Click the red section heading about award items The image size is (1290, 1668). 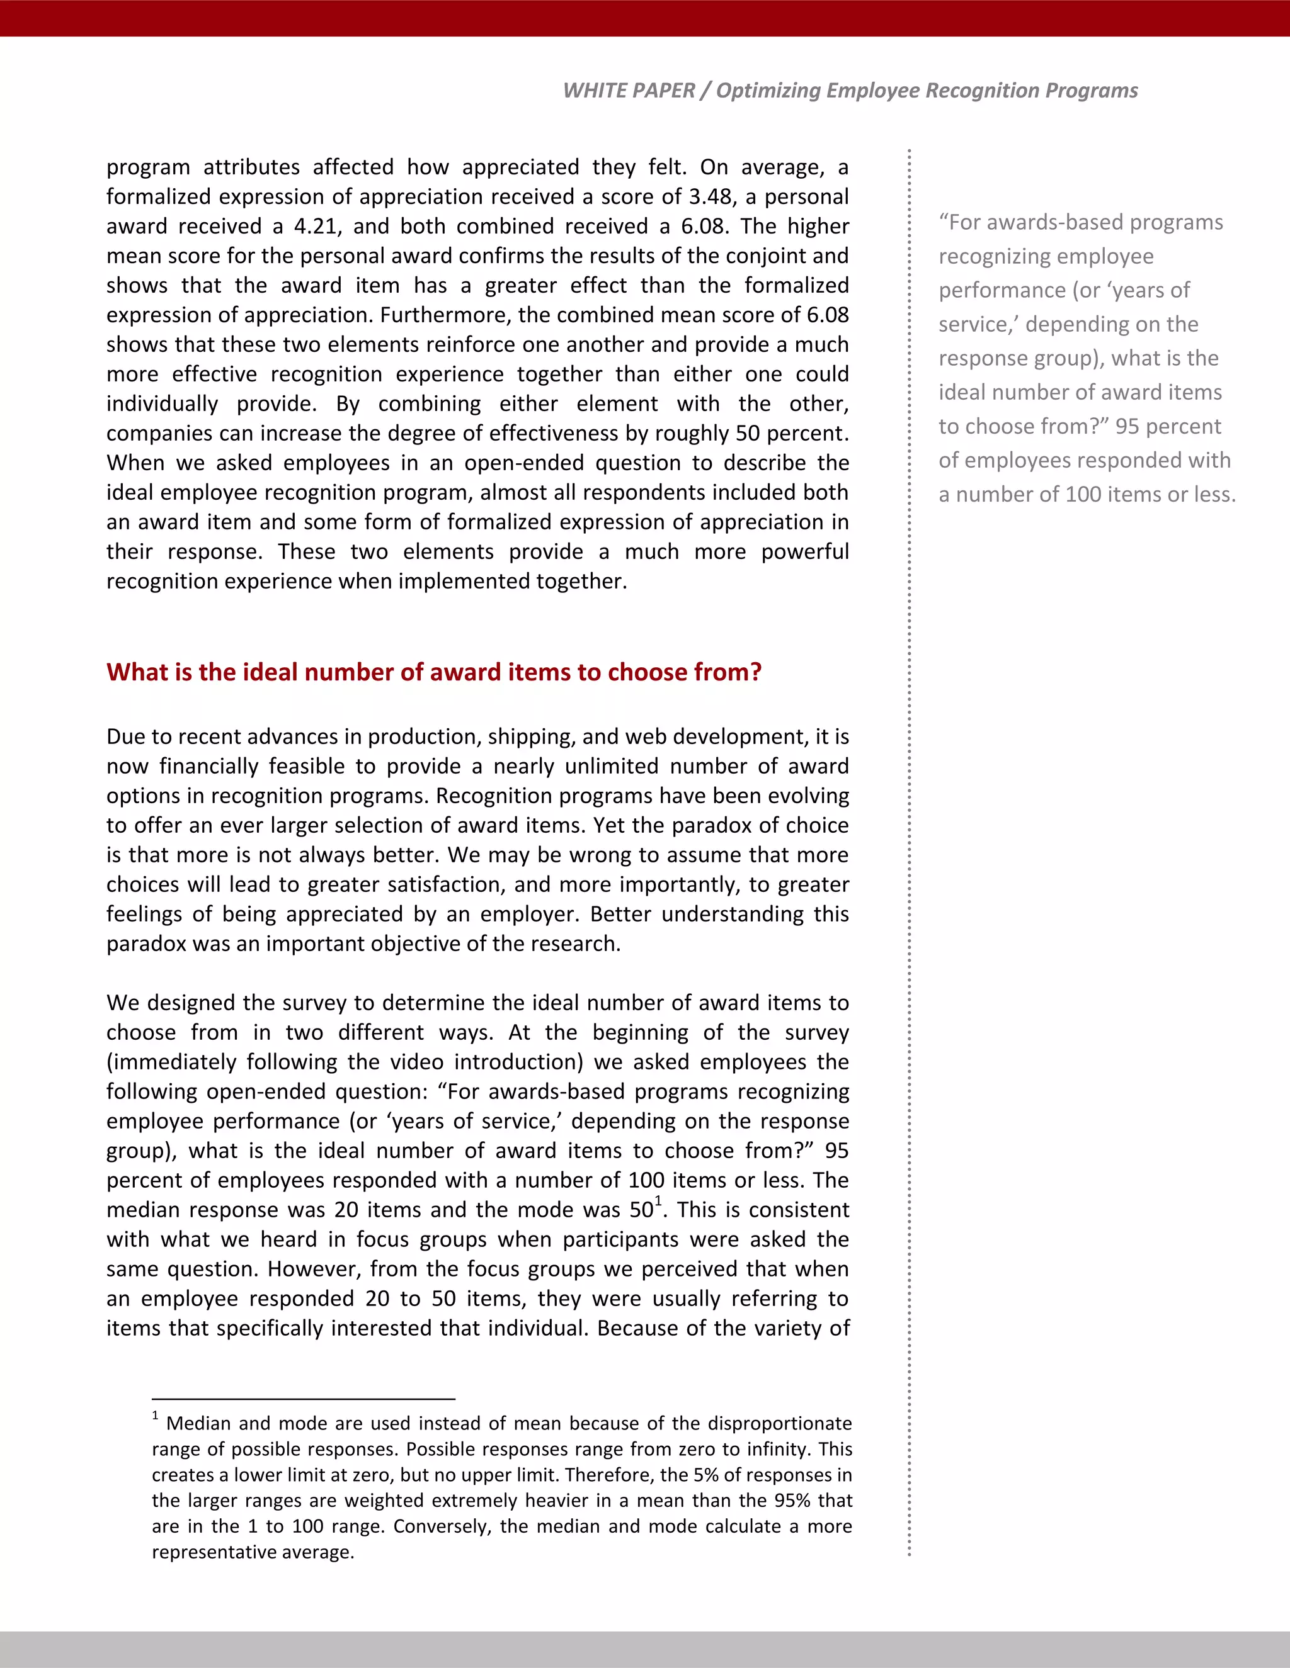click(433, 672)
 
